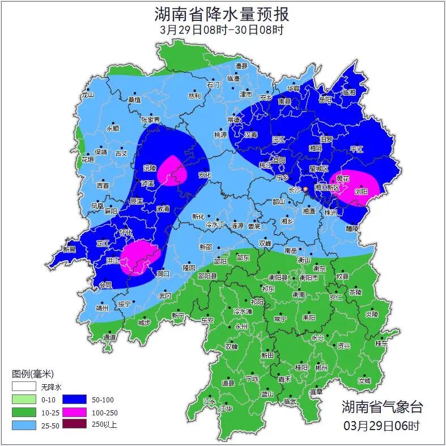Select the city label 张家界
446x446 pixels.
(150, 120)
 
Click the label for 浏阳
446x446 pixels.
(361, 192)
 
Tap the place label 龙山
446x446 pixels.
(87, 95)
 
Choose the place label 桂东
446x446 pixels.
(381, 343)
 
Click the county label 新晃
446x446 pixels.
(69, 249)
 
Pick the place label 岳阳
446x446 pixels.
(325, 100)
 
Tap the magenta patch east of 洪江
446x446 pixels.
(139, 257)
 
